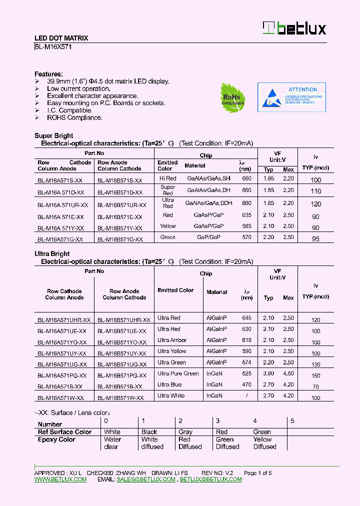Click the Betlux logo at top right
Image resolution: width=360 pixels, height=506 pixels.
tap(294, 28)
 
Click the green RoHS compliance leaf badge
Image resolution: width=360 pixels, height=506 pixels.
tap(232, 96)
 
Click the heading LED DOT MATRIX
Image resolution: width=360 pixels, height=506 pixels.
tap(61, 38)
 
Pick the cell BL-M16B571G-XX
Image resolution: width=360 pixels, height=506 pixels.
tap(120, 239)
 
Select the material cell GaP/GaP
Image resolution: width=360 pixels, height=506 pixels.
tap(208, 237)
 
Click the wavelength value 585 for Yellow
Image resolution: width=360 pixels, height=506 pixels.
tap(246, 226)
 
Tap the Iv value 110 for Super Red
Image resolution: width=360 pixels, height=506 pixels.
tap(315, 191)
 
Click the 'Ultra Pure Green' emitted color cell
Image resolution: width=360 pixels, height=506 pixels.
tap(178, 373)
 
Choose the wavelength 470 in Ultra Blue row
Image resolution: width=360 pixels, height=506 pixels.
tap(246, 384)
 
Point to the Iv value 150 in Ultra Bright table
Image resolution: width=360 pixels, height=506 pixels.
tap(315, 375)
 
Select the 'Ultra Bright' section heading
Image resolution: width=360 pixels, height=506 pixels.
tap(52, 254)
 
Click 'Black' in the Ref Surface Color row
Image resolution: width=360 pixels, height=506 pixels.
tap(149, 432)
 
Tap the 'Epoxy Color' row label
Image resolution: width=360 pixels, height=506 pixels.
tap(56, 439)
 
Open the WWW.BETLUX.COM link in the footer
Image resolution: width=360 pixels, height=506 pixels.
tap(60, 479)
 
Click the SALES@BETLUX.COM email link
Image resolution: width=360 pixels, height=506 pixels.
tap(146, 479)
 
